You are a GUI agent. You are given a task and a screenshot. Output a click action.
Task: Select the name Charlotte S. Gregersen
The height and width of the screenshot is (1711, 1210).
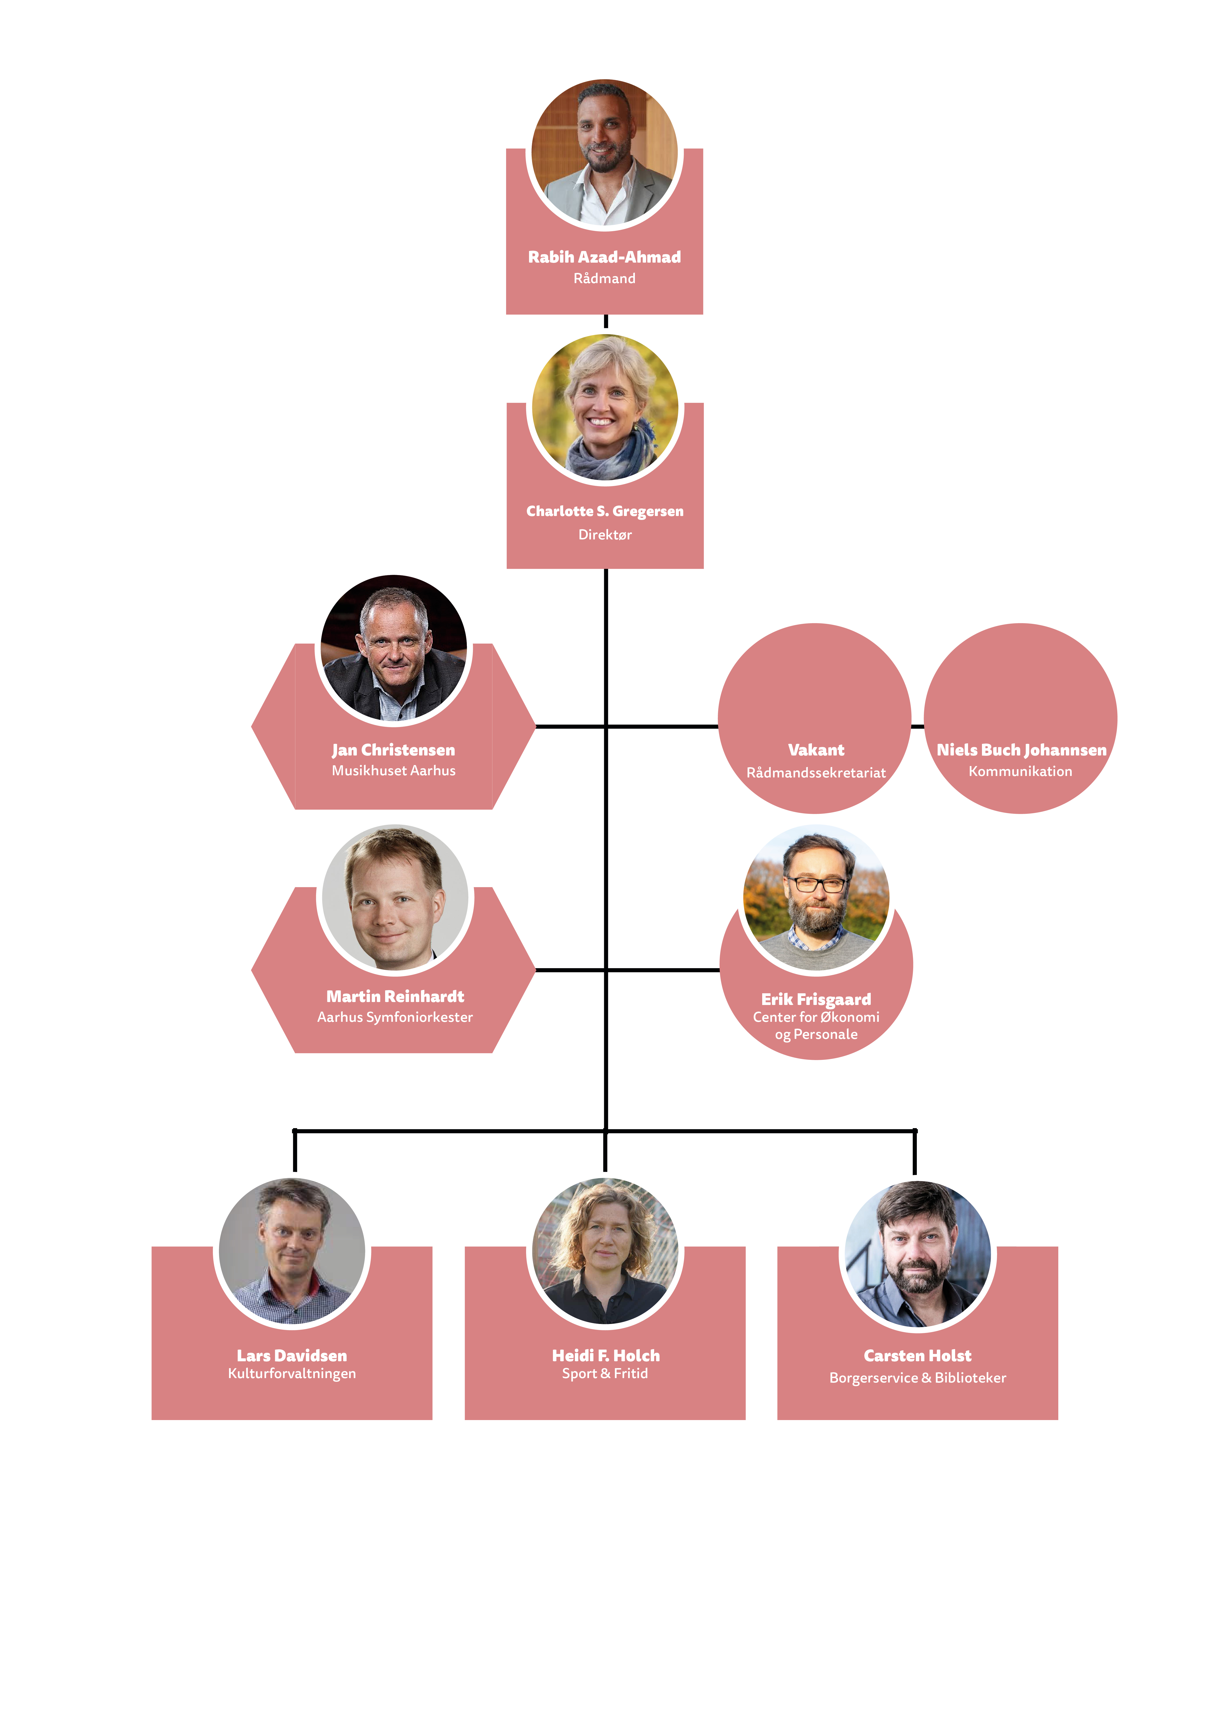605,511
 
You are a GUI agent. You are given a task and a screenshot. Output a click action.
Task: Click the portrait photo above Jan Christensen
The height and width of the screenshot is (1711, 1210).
394,648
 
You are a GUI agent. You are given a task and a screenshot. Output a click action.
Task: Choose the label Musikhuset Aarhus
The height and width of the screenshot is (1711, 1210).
394,771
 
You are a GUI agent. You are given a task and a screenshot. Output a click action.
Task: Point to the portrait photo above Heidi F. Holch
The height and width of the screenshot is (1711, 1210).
605,1252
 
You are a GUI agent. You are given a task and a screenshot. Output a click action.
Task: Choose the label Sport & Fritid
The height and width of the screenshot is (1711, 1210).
605,1373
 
